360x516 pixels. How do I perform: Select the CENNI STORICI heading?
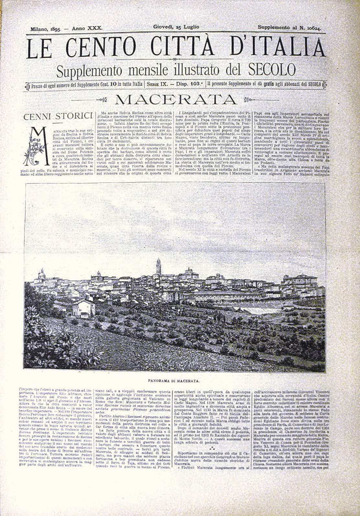point(57,117)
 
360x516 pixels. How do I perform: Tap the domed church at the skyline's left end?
point(41,275)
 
